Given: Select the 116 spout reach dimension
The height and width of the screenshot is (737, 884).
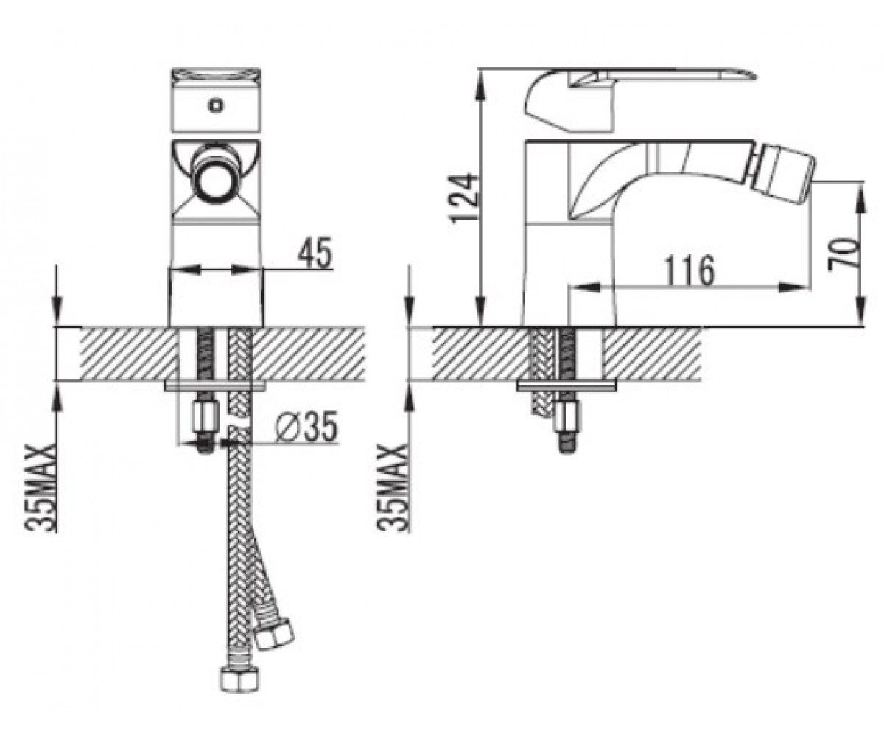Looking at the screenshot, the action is pos(690,270).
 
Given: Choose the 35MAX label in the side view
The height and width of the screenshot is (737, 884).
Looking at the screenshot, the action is pos(393,486).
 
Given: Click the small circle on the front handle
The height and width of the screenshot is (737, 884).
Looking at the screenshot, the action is pos(217,105).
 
